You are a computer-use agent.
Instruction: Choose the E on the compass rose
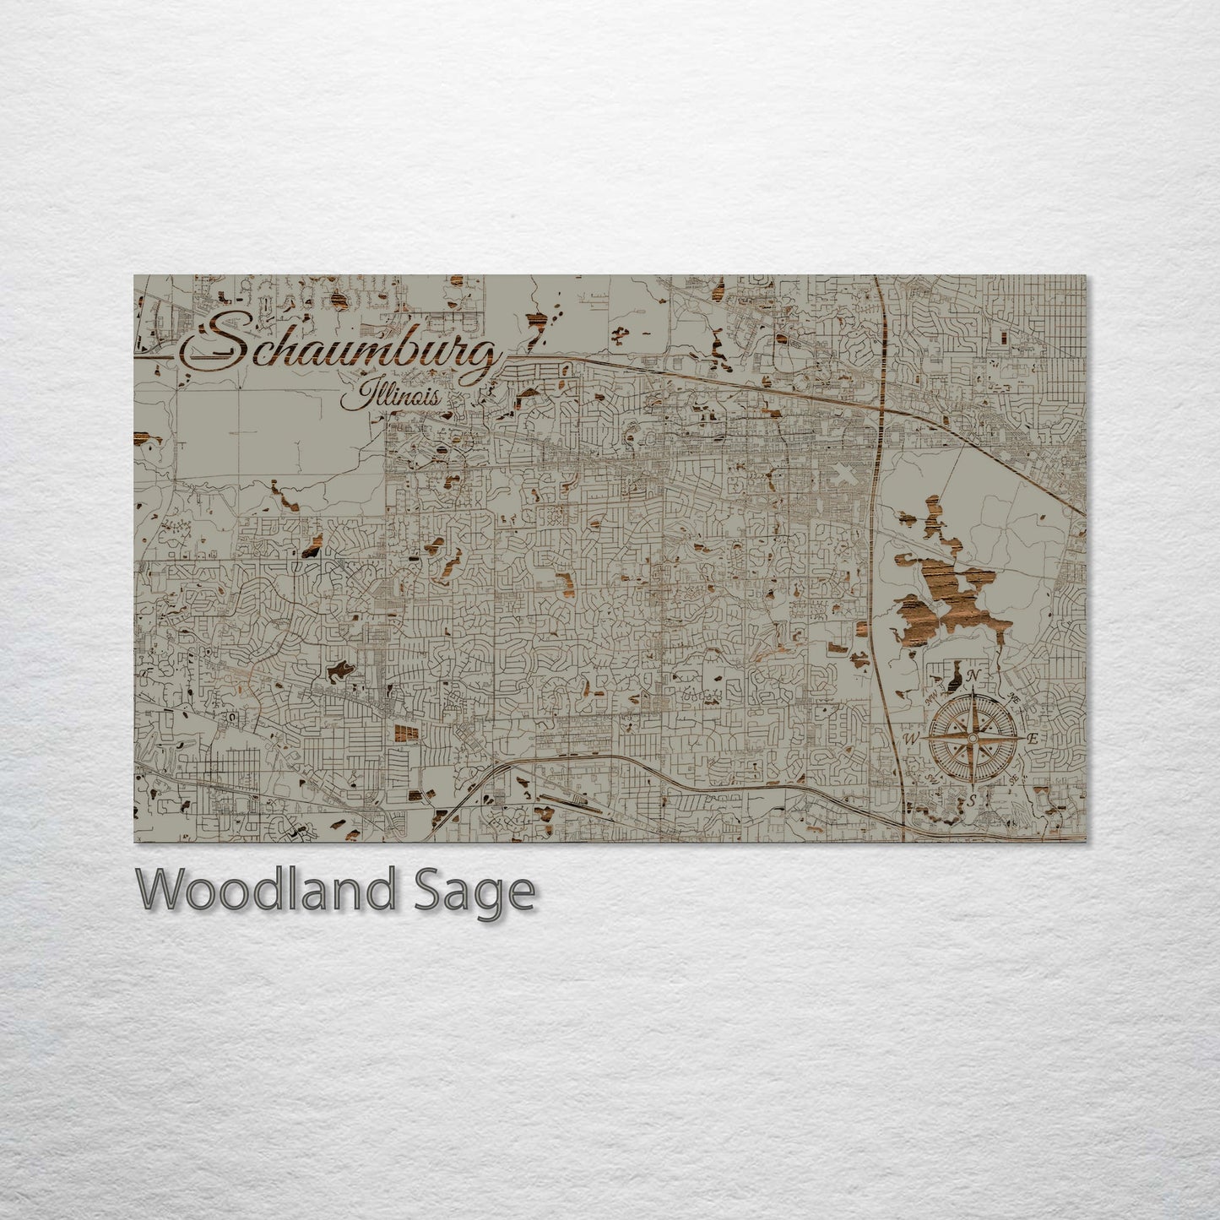[x=1032, y=739]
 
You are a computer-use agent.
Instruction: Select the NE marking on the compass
[x=1014, y=697]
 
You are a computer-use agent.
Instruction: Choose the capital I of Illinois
[x=365, y=393]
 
